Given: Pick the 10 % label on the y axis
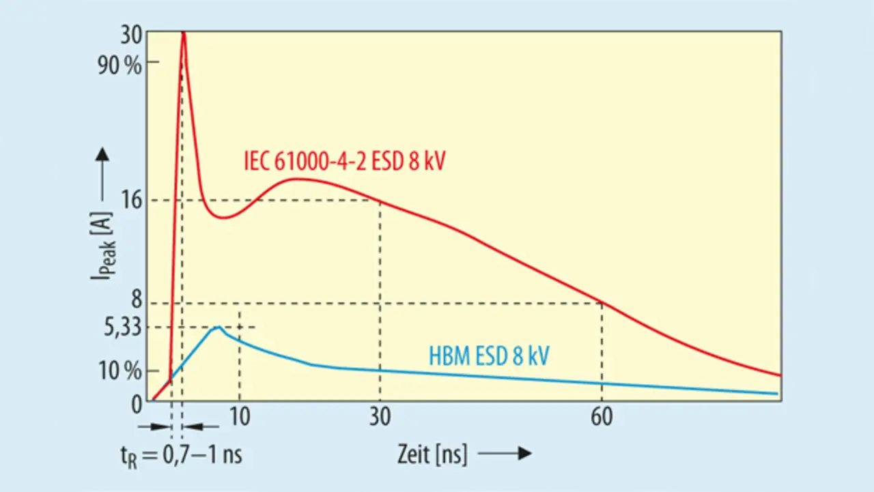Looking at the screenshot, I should click(x=121, y=373).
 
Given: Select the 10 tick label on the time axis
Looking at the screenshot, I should click(x=240, y=417).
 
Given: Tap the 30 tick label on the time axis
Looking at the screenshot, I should click(x=380, y=417).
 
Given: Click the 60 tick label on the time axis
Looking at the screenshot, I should click(x=602, y=417).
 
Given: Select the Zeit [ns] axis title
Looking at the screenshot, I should click(x=432, y=454).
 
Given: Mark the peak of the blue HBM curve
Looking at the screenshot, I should click(x=218, y=328).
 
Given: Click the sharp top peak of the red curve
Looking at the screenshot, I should click(x=183, y=33).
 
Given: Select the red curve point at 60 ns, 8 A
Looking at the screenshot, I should click(x=602, y=303).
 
